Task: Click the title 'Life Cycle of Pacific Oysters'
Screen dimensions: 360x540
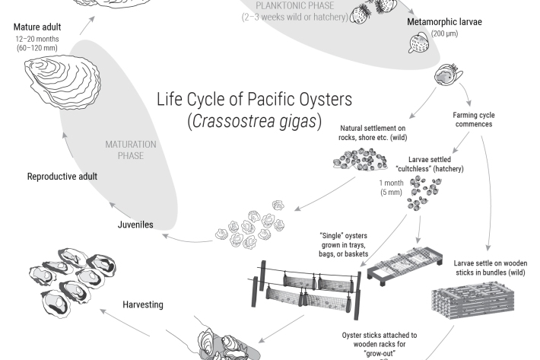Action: pyautogui.click(x=255, y=100)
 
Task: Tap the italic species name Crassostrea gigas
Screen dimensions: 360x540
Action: pyautogui.click(x=255, y=121)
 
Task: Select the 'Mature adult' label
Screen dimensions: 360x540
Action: pyautogui.click(x=37, y=27)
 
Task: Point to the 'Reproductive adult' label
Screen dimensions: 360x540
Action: pyautogui.click(x=62, y=177)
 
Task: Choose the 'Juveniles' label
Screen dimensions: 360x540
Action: pyautogui.click(x=135, y=225)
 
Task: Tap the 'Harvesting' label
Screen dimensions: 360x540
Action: pyautogui.click(x=143, y=304)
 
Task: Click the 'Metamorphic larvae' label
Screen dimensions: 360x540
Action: pyautogui.click(x=445, y=21)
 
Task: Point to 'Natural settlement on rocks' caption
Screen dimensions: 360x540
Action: pyautogui.click(x=373, y=132)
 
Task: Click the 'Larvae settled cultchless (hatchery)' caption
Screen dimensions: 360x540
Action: pyautogui.click(x=430, y=164)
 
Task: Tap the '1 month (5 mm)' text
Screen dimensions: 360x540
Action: pyautogui.click(x=391, y=187)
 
